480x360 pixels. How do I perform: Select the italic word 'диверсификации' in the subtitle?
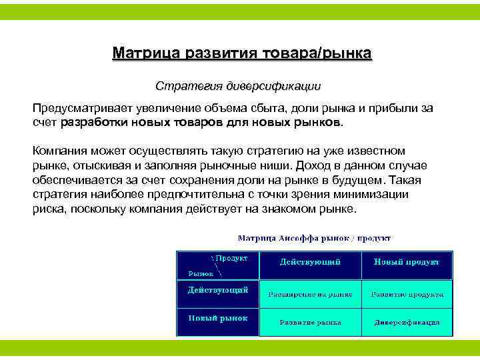coord(274,86)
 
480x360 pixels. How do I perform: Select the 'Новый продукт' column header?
coord(406,263)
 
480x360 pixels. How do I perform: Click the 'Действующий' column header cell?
coord(310,263)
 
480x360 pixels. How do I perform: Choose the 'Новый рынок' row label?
coord(217,318)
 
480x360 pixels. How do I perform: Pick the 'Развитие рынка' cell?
coord(310,322)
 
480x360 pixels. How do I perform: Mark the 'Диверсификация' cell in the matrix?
coord(407,322)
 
